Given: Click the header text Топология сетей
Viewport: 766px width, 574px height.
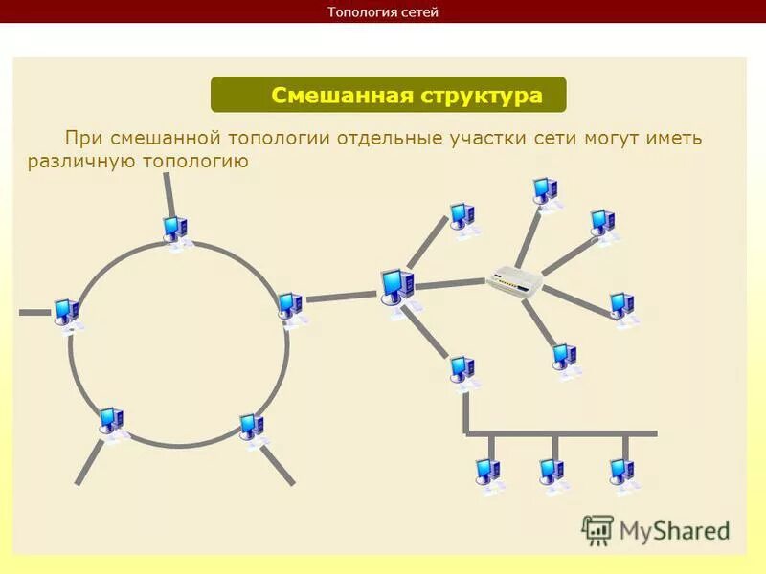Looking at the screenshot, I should [x=383, y=11].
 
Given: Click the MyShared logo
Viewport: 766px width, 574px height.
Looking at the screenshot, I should [x=657, y=528].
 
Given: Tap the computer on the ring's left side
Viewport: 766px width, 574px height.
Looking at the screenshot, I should [x=66, y=312].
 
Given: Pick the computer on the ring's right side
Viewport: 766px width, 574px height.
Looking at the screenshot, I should [x=289, y=307].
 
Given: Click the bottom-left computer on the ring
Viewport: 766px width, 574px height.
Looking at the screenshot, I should [x=111, y=421].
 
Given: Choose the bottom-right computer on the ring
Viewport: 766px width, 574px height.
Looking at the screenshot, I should [x=252, y=427].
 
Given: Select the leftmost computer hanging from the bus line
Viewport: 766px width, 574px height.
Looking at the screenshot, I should [x=488, y=472].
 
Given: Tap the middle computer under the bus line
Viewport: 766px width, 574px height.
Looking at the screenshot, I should [x=552, y=472].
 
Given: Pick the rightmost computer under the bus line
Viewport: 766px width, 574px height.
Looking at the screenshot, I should [x=622, y=472].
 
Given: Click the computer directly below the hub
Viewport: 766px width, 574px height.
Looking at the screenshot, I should [x=565, y=358].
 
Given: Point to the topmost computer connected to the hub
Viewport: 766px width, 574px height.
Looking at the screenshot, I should [x=546, y=190].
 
